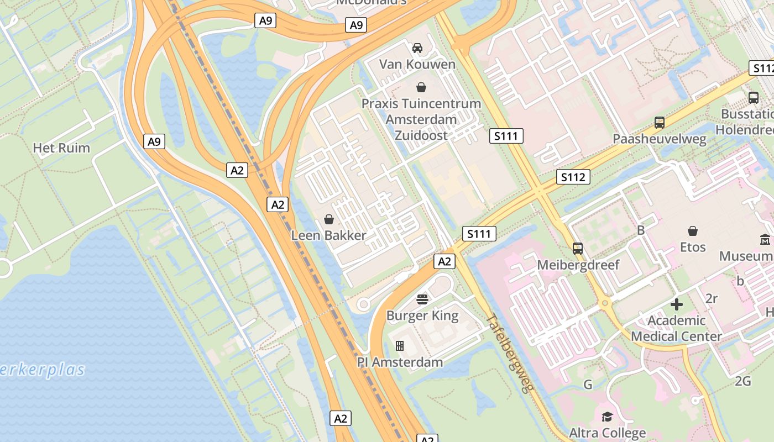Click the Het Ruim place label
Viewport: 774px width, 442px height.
tap(61, 148)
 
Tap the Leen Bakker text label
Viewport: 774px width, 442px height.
tap(328, 235)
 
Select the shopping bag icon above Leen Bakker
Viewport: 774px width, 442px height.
tap(329, 219)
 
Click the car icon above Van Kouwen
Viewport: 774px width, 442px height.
tap(417, 48)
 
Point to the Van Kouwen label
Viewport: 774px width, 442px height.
tap(417, 64)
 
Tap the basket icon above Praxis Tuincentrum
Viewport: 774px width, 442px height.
tap(421, 87)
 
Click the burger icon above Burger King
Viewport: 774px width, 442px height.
tap(422, 299)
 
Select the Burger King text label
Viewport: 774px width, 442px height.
tap(422, 316)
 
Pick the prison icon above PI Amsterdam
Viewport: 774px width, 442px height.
tap(400, 346)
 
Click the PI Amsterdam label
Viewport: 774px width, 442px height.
tap(400, 362)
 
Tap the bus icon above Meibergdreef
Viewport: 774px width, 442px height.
tap(578, 249)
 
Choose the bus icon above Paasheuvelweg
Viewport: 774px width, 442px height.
tap(659, 123)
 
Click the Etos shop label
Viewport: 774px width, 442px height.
tap(693, 247)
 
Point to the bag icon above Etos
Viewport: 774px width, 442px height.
tap(693, 231)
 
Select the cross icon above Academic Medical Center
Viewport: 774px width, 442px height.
tap(677, 304)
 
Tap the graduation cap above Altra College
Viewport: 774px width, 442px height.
tap(607, 417)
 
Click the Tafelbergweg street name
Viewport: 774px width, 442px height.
tap(511, 354)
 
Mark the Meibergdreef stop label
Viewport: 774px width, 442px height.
tap(578, 265)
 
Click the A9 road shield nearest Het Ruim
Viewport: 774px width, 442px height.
tap(154, 141)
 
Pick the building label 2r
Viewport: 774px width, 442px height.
tap(712, 299)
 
